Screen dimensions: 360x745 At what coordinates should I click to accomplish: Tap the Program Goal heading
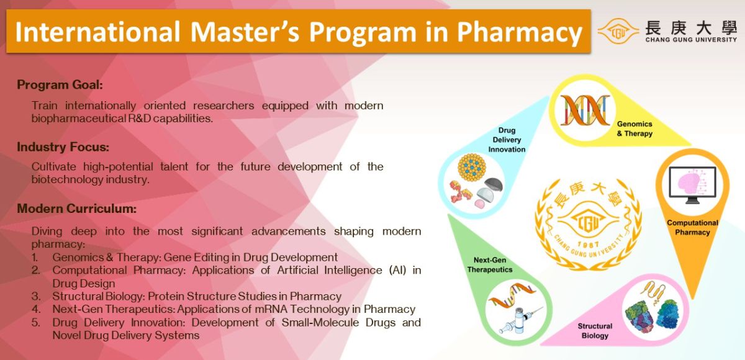tap(60, 85)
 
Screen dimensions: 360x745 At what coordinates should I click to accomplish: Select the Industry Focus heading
tap(63, 147)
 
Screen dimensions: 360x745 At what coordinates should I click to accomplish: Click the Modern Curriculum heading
tap(76, 209)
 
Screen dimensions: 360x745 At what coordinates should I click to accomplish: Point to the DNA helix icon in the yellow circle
tap(585, 110)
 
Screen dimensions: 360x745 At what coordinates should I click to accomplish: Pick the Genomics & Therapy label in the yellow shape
tap(634, 129)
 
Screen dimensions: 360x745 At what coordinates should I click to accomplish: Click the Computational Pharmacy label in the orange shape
tap(692, 228)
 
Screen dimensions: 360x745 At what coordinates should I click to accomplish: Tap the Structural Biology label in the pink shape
tap(595, 331)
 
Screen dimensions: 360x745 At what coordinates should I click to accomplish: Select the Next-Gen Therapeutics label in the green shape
tap(489, 265)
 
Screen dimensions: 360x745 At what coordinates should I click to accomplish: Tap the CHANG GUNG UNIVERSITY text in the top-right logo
tap(690, 40)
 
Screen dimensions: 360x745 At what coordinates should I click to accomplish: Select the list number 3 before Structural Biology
tap(36, 296)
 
